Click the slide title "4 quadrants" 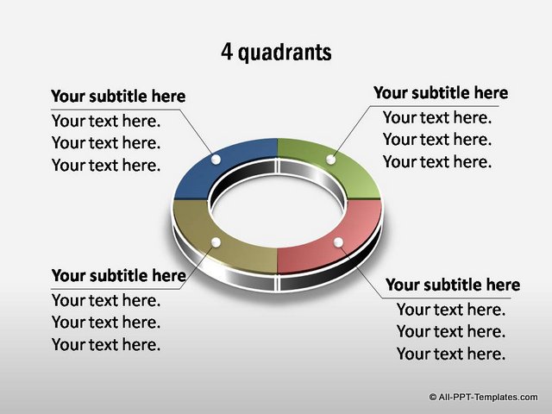(x=276, y=52)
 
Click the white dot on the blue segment (x=216, y=160)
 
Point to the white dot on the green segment (x=331, y=160)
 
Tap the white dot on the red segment (x=338, y=242)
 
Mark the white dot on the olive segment (x=216, y=242)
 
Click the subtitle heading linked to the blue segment (x=118, y=96)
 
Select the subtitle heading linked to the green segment (x=441, y=93)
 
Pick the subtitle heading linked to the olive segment (x=119, y=276)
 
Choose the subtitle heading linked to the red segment (x=453, y=285)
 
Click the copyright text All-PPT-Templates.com (x=488, y=397)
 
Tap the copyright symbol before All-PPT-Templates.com (x=433, y=397)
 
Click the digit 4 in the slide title (x=227, y=52)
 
